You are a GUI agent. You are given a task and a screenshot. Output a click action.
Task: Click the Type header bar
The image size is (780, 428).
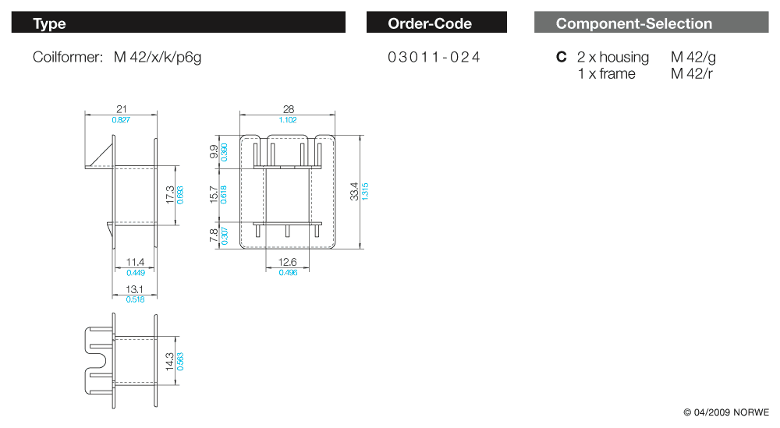click(178, 23)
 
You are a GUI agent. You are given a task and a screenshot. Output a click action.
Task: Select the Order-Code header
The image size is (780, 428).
click(436, 23)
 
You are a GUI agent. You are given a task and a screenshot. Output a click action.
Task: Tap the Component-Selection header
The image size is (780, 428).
click(651, 23)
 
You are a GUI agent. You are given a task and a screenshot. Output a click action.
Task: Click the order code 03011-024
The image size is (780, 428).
click(434, 57)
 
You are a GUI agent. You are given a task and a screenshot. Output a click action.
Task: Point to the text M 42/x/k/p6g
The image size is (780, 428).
click(158, 58)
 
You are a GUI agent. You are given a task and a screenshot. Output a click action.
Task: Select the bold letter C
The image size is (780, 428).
click(561, 57)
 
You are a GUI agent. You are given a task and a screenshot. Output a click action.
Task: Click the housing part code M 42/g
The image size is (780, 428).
click(693, 58)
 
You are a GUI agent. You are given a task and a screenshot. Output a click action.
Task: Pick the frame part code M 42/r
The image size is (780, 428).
click(691, 73)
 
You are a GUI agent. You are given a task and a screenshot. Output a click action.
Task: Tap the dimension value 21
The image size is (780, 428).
click(122, 109)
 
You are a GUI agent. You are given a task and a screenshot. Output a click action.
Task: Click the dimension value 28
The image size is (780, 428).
click(288, 109)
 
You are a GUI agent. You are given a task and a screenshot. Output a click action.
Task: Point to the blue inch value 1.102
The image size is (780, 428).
click(288, 120)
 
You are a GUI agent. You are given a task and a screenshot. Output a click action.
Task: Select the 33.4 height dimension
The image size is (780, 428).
click(354, 191)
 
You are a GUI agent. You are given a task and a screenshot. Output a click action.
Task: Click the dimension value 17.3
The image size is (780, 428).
click(170, 195)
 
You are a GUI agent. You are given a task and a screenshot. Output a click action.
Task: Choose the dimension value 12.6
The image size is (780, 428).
click(288, 262)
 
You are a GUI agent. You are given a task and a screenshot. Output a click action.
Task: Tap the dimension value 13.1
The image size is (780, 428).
click(134, 289)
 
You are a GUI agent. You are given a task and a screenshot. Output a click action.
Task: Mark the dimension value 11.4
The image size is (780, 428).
click(135, 262)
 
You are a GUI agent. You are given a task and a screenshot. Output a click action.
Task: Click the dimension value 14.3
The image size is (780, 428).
click(169, 362)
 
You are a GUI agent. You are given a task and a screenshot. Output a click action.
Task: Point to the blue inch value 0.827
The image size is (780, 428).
click(121, 120)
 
